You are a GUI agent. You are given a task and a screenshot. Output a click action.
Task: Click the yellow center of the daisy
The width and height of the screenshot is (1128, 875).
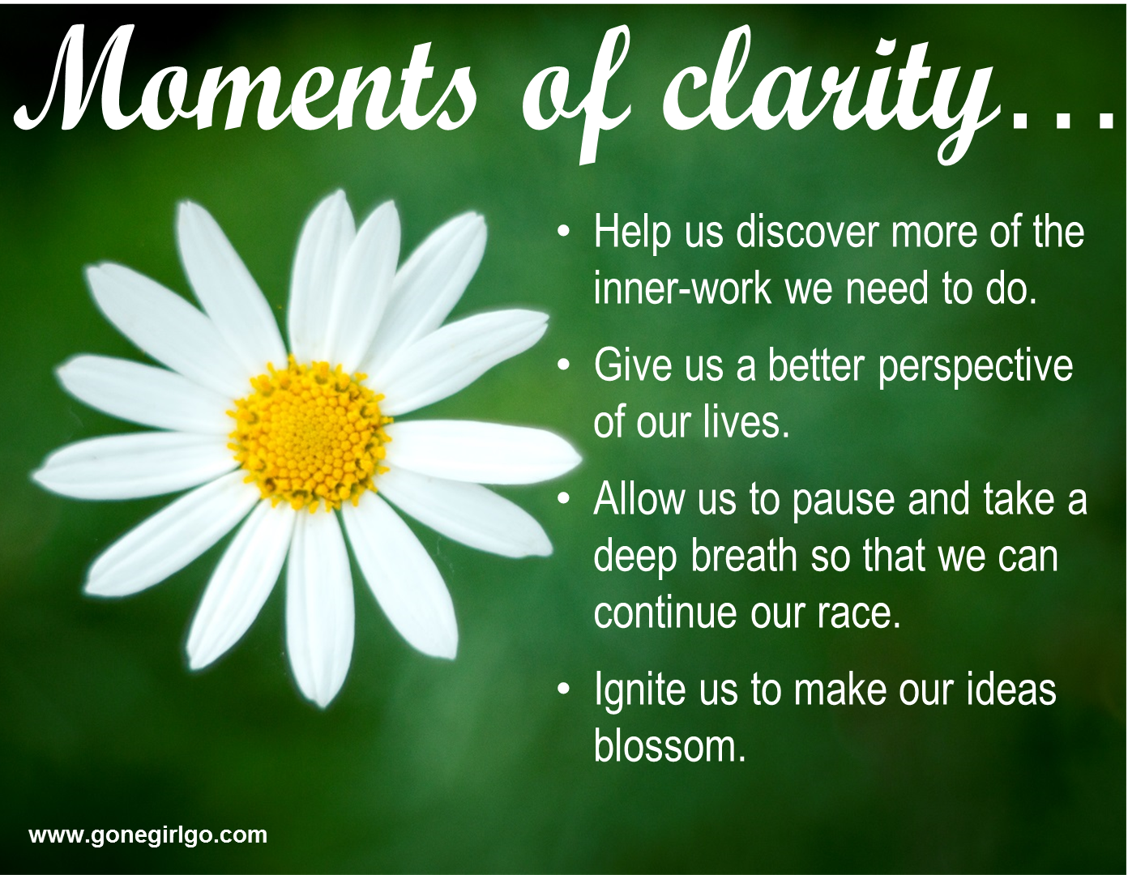[x=309, y=433]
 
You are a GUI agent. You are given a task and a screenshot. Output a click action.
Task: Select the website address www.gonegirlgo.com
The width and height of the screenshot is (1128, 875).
[x=148, y=835]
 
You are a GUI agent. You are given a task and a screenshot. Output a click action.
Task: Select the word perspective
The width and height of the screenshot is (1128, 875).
[x=975, y=369]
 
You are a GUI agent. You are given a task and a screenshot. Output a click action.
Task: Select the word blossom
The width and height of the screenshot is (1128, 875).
[x=669, y=746]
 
